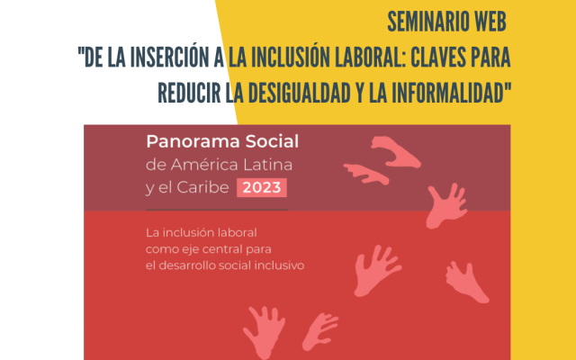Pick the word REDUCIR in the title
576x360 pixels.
[x=189, y=93]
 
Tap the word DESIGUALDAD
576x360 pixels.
[x=299, y=93]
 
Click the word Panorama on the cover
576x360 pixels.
[x=193, y=141]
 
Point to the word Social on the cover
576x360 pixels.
[x=272, y=141]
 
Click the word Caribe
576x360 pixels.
[x=202, y=187]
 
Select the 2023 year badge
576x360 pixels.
[x=262, y=188]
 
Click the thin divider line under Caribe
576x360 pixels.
[x=217, y=210]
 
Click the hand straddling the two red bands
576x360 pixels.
[x=446, y=206]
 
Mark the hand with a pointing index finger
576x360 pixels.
[x=366, y=174]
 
